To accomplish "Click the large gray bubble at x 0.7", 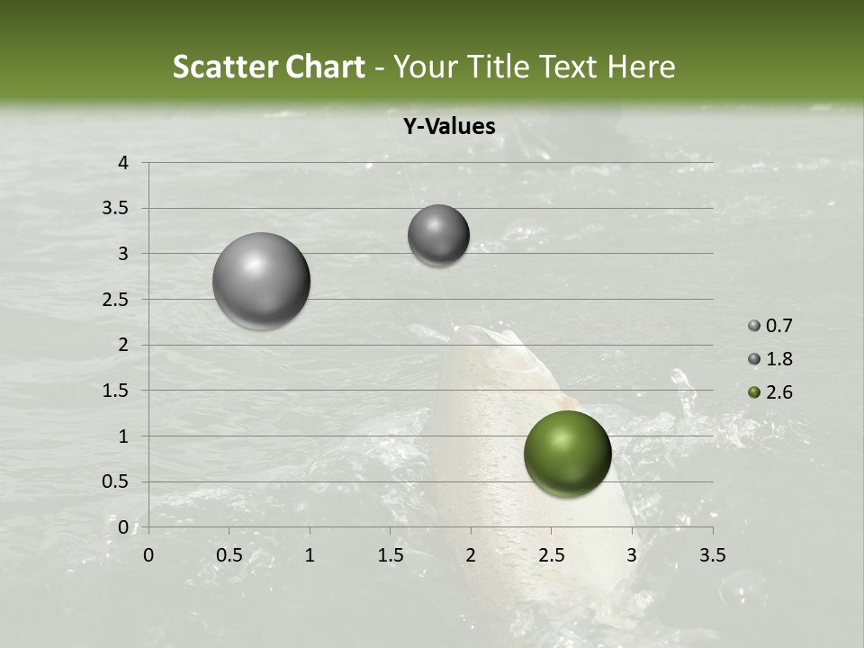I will point(261,281).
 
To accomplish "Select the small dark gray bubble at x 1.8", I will point(438,235).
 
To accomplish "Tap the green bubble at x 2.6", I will point(567,454).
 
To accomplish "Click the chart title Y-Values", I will point(448,127).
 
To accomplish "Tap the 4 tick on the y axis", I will point(123,163).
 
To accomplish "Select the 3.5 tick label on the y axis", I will point(115,209).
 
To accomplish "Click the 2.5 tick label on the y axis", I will point(115,300).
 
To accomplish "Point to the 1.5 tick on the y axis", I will point(115,391).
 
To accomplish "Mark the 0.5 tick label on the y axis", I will point(115,481).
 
